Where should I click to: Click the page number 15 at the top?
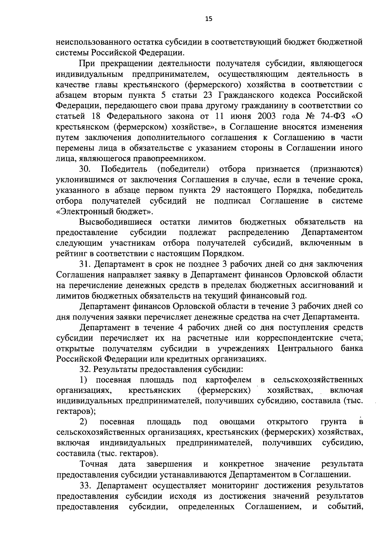[x=209, y=19]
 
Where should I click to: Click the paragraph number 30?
[x=85, y=169]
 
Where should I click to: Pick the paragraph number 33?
[x=85, y=485]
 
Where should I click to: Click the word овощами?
[x=237, y=422]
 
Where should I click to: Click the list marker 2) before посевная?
[x=84, y=422]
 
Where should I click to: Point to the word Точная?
[x=94, y=464]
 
